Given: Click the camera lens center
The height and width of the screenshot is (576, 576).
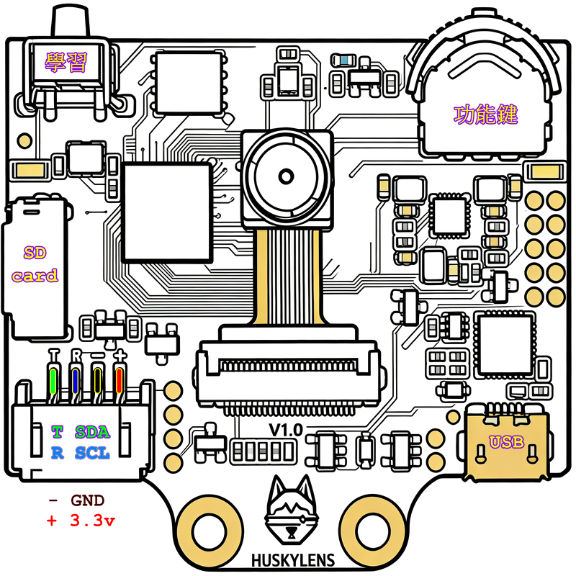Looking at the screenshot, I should (x=287, y=176).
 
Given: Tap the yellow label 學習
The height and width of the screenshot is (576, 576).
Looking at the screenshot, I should (x=66, y=63).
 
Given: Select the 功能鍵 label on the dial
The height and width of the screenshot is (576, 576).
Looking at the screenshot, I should (x=486, y=114).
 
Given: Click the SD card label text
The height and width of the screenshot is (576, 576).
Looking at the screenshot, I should (x=35, y=264).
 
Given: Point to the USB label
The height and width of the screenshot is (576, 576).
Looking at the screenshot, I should (x=506, y=442).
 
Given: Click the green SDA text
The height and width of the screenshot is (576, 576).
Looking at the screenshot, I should (x=92, y=432).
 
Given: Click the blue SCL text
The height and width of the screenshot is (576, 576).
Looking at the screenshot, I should (x=92, y=453).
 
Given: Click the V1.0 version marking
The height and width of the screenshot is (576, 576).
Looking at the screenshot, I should (x=285, y=430).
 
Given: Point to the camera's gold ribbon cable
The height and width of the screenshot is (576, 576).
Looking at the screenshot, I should (x=287, y=274).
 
